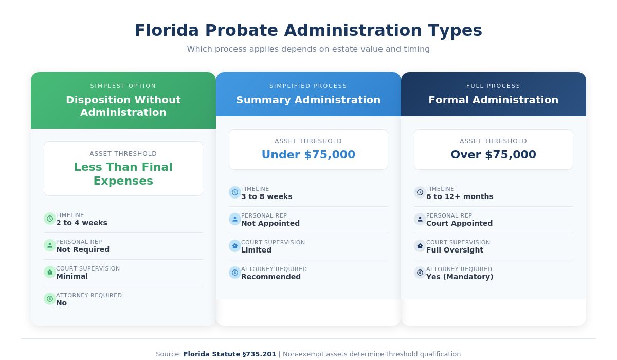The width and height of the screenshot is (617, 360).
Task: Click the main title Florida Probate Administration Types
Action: click(308, 30)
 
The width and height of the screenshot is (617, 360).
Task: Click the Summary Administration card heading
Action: click(308, 100)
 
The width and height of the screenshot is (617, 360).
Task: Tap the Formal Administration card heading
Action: click(493, 100)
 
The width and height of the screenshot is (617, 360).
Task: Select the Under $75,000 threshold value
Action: click(308, 154)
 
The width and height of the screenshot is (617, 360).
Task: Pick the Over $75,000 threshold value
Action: click(493, 154)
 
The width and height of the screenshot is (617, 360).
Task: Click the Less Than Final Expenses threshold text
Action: click(123, 174)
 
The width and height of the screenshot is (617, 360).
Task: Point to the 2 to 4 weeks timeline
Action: click(82, 223)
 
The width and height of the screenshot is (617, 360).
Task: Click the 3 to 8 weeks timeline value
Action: click(266, 196)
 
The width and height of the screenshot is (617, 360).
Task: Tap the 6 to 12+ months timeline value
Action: click(460, 196)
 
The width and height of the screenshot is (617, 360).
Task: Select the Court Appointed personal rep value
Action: click(459, 223)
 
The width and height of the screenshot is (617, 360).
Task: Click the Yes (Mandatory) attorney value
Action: click(460, 277)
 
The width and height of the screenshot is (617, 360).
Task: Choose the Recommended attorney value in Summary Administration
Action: click(271, 277)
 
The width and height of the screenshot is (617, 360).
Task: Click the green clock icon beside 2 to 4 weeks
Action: click(50, 219)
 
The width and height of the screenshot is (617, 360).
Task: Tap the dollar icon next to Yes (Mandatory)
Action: click(420, 273)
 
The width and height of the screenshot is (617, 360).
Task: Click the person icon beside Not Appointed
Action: click(235, 219)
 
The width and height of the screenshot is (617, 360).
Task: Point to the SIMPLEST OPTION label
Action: click(123, 86)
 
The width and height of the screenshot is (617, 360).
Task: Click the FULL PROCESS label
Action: click(493, 86)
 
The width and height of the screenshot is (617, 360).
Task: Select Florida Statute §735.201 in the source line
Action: click(230, 354)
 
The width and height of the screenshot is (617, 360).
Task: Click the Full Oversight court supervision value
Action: click(455, 250)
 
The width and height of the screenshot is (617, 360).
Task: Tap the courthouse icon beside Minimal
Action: click(50, 272)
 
